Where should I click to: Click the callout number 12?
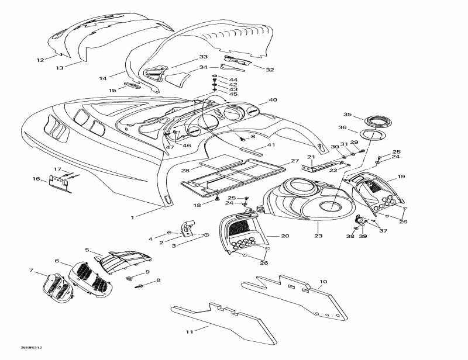pos(40,60)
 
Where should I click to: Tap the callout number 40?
pos(273,100)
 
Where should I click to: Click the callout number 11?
pos(189,331)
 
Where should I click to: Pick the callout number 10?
pos(324,282)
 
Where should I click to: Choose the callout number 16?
pos(36,179)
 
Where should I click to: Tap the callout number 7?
pos(32,270)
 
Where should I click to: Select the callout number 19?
pos(401,176)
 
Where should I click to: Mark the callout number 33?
pos(203,57)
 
